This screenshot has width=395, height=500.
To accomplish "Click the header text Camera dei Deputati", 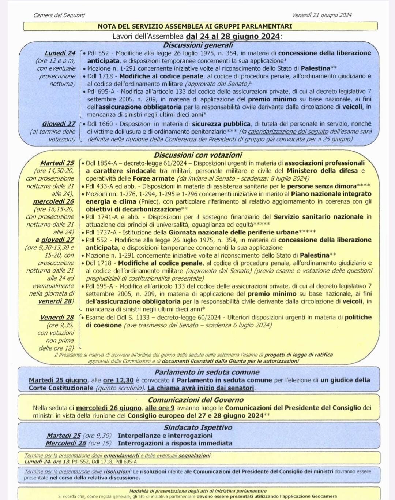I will coord(59,15).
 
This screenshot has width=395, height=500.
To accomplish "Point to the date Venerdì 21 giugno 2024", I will coord(321,15).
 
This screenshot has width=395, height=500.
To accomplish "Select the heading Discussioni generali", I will coord(198,45).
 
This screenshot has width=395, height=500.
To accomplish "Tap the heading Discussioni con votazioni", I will coord(198,155).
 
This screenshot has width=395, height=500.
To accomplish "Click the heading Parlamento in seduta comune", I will coord(207,372).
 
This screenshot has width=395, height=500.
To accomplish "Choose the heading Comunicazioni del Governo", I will coord(196,400).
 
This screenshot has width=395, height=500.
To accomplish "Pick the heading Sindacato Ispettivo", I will coord(198,427).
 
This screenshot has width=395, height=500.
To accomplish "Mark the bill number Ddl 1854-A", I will coord(101,163).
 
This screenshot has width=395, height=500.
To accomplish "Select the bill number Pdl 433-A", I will coord(99,186).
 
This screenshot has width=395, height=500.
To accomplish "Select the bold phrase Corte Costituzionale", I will coord(61,388).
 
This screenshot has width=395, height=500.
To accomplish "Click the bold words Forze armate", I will coord(153,178).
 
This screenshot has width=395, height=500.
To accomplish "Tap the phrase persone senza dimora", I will coord(321,186).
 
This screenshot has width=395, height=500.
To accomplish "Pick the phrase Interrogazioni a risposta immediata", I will coord(175,443).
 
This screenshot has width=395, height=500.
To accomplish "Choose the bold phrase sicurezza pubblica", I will coord(221,124).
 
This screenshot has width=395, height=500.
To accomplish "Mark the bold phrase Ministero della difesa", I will coord(322,171).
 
